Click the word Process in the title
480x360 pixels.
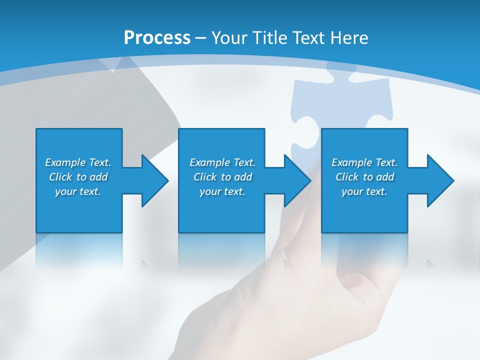pos(157,38)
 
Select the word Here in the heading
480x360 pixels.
pos(349,38)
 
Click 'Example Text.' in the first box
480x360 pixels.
pos(78,162)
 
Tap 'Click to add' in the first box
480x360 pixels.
pos(78,177)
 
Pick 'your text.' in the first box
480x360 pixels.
pos(78,191)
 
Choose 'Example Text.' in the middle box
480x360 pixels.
pos(222,162)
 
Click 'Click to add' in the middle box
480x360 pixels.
pos(222,177)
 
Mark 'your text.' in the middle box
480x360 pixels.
pos(222,191)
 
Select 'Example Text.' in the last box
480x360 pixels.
pos(364,162)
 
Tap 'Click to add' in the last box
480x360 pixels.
pos(364,177)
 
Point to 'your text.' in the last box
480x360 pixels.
pos(364,191)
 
